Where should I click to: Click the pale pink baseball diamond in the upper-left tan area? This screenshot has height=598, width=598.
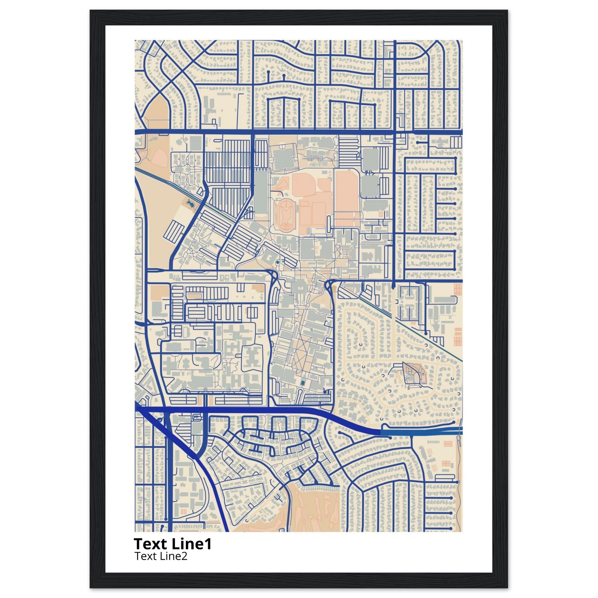(160, 154)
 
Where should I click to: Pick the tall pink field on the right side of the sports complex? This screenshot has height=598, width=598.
(347, 192)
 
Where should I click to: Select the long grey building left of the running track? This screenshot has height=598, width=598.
(262, 192)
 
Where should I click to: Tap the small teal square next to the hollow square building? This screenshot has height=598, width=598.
(277, 263)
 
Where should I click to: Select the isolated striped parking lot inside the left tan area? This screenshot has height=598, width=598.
(174, 231)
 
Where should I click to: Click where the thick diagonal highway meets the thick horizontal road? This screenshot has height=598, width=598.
(145, 410)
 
